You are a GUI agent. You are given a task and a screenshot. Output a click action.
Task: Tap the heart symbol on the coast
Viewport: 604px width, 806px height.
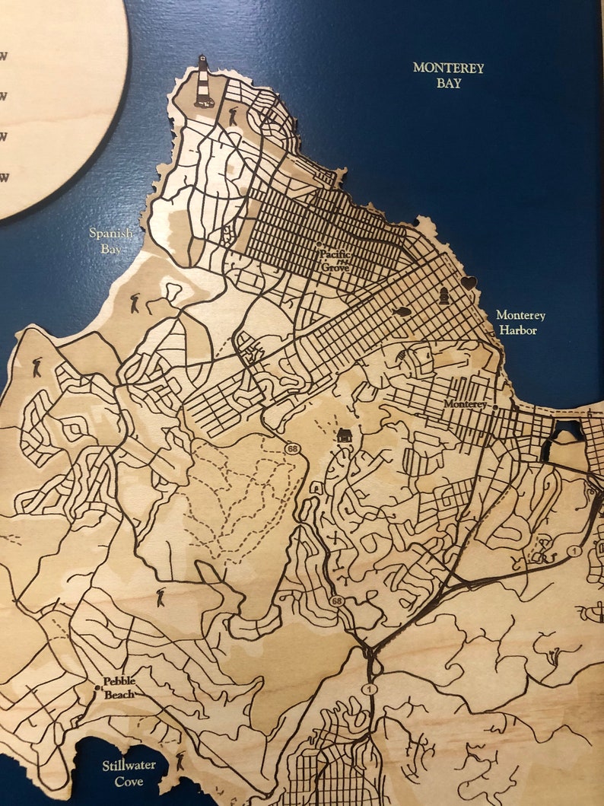[x=469, y=282]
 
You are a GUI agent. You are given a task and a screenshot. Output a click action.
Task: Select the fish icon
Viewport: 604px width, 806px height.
[x=402, y=311]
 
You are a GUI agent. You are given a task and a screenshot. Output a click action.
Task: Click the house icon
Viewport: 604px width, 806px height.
[x=344, y=435]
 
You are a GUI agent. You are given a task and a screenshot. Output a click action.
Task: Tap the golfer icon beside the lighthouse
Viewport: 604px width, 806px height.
[x=233, y=116]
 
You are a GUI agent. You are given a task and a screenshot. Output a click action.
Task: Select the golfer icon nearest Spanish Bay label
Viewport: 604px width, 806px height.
[x=135, y=303]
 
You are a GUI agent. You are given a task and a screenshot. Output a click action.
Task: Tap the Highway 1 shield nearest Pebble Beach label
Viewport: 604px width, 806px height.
[x=370, y=689]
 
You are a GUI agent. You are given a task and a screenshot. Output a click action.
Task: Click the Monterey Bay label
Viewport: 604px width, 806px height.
[x=449, y=75]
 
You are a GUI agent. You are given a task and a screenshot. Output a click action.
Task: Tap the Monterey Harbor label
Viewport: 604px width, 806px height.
[x=520, y=322]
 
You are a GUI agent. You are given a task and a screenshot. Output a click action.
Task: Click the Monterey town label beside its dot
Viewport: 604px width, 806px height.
[x=464, y=404]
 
